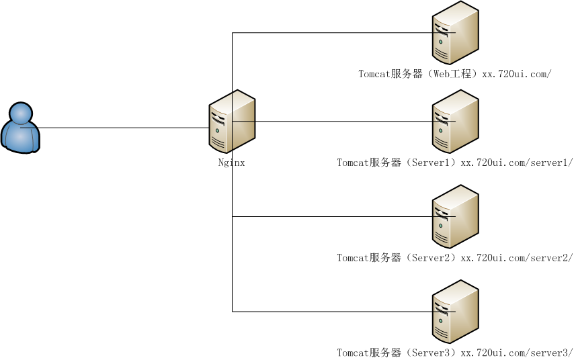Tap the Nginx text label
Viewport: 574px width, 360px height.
[231, 162]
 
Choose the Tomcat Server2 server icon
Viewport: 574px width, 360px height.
[455, 218]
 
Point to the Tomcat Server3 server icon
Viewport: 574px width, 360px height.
[455, 312]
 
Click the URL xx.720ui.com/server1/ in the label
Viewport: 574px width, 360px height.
[516, 162]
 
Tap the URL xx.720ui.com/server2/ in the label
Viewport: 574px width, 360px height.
[516, 257]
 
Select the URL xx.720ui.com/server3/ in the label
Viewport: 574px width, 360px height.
[516, 352]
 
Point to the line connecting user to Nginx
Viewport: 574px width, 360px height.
[121, 128]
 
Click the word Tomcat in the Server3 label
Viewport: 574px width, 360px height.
[352, 352]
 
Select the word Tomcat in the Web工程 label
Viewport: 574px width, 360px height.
[374, 74]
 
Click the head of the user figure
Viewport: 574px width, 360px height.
[21, 113]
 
